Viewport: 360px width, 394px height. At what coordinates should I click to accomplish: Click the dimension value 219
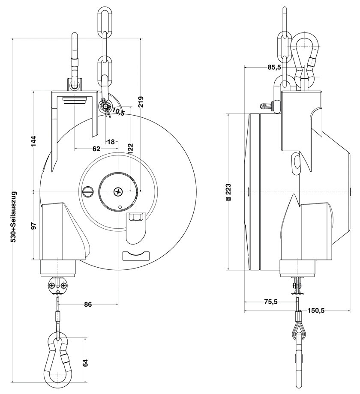(x=141, y=101)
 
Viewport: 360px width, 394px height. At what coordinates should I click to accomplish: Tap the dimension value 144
(x=34, y=141)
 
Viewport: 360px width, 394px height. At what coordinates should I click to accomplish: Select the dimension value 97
(x=34, y=226)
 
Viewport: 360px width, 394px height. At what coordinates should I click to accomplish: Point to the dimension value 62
(x=96, y=149)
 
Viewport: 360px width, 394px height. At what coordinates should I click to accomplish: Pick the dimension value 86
(x=88, y=304)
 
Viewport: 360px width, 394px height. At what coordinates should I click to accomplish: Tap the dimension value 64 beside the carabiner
(x=85, y=363)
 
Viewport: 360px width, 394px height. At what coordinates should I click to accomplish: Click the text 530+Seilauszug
(x=14, y=217)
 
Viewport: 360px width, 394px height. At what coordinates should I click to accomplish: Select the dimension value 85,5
(x=274, y=67)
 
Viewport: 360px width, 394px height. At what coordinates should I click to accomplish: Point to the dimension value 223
(x=228, y=192)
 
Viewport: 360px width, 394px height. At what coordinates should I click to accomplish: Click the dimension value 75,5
(x=270, y=301)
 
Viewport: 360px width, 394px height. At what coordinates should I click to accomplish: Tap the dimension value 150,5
(x=316, y=310)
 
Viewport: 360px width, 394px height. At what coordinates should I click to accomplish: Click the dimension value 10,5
(x=118, y=111)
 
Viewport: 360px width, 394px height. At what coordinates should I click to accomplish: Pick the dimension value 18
(x=111, y=142)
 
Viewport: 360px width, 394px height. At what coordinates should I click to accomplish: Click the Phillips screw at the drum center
(x=118, y=192)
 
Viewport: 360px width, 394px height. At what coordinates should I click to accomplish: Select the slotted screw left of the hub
(x=88, y=192)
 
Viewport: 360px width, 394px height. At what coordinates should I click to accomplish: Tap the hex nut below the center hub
(x=135, y=217)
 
